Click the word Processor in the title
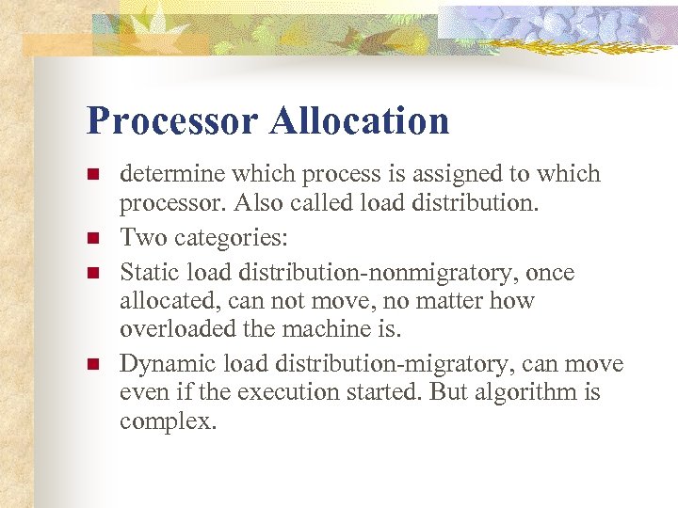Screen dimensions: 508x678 170,121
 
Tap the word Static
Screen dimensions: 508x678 148,273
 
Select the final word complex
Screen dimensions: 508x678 168,421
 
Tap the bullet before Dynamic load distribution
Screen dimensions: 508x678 93,364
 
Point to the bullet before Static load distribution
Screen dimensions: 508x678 93,274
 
